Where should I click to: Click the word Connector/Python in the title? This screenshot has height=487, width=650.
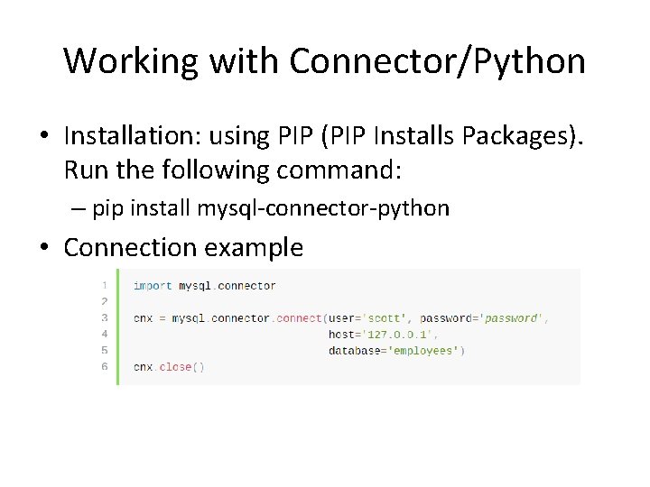pos(438,61)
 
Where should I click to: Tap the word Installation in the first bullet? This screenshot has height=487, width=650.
pos(132,136)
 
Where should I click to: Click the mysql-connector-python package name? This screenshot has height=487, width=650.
pos(323,208)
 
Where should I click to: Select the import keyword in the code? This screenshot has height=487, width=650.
pos(153,286)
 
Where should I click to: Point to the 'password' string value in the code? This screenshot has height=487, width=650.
pos(511,318)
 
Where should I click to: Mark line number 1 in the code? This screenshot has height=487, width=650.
pos(105,286)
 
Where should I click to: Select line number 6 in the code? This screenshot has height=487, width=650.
pos(105,367)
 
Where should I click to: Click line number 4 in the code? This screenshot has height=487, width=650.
pos(105,335)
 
